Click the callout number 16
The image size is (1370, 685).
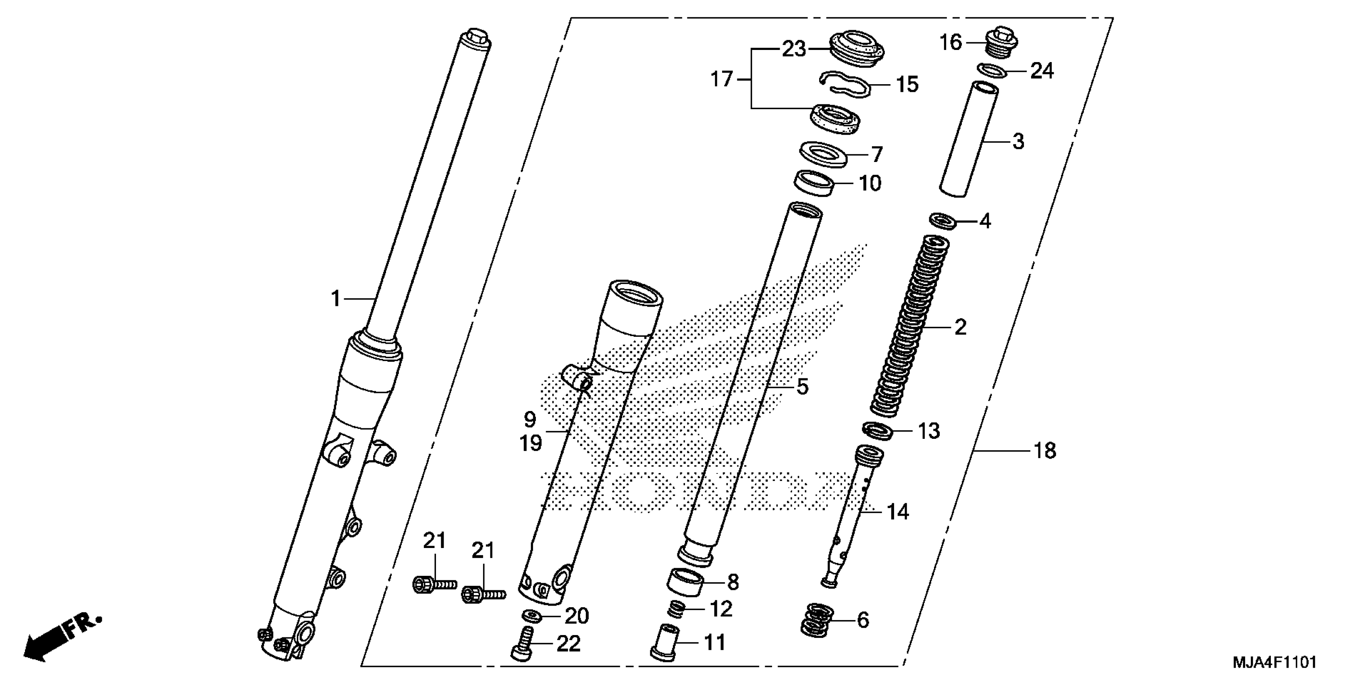(x=951, y=42)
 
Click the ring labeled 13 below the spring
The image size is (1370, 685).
(x=877, y=430)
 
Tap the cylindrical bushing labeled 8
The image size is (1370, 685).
(x=685, y=583)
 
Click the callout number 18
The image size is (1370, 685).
(x=1045, y=451)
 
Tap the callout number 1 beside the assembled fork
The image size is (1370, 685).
(x=336, y=299)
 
